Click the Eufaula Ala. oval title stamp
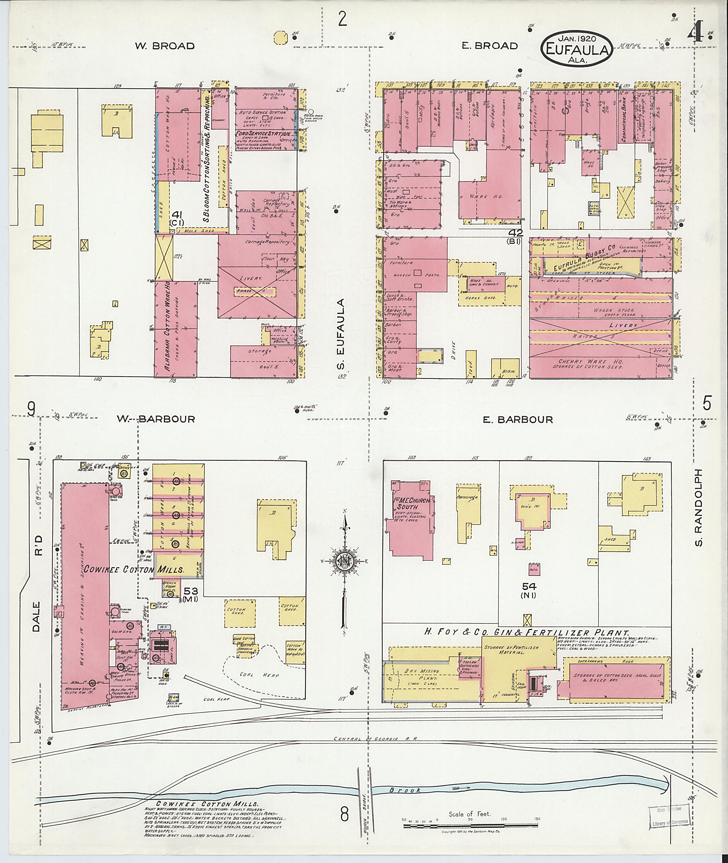pos(576,48)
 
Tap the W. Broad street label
pos(164,46)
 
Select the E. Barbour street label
pos(518,420)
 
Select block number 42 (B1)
pos(516,236)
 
